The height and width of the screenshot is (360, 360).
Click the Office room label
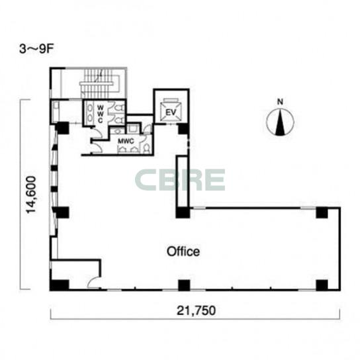[183, 251]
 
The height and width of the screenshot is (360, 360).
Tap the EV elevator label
[171, 112]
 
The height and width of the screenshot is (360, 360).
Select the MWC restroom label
[126, 141]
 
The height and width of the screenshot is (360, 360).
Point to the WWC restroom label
[100, 114]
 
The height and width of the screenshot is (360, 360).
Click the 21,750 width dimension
[196, 310]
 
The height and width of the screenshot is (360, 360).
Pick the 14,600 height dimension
[31, 195]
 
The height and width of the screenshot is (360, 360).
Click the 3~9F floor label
[36, 49]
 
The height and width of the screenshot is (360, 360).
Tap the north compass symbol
[280, 121]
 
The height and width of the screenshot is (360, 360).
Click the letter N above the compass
[280, 102]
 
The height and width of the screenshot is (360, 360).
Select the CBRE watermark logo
[180, 180]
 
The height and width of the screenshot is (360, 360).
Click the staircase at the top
[100, 83]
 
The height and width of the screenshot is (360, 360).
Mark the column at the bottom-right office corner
[322, 285]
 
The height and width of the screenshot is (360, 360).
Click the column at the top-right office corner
[322, 213]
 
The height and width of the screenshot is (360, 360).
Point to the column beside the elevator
[184, 129]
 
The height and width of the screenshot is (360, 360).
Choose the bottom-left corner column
[60, 285]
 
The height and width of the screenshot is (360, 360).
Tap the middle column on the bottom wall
[184, 285]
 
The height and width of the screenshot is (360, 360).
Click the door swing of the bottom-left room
[93, 282]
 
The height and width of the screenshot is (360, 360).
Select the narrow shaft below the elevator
[183, 181]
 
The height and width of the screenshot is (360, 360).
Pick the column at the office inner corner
[183, 212]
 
